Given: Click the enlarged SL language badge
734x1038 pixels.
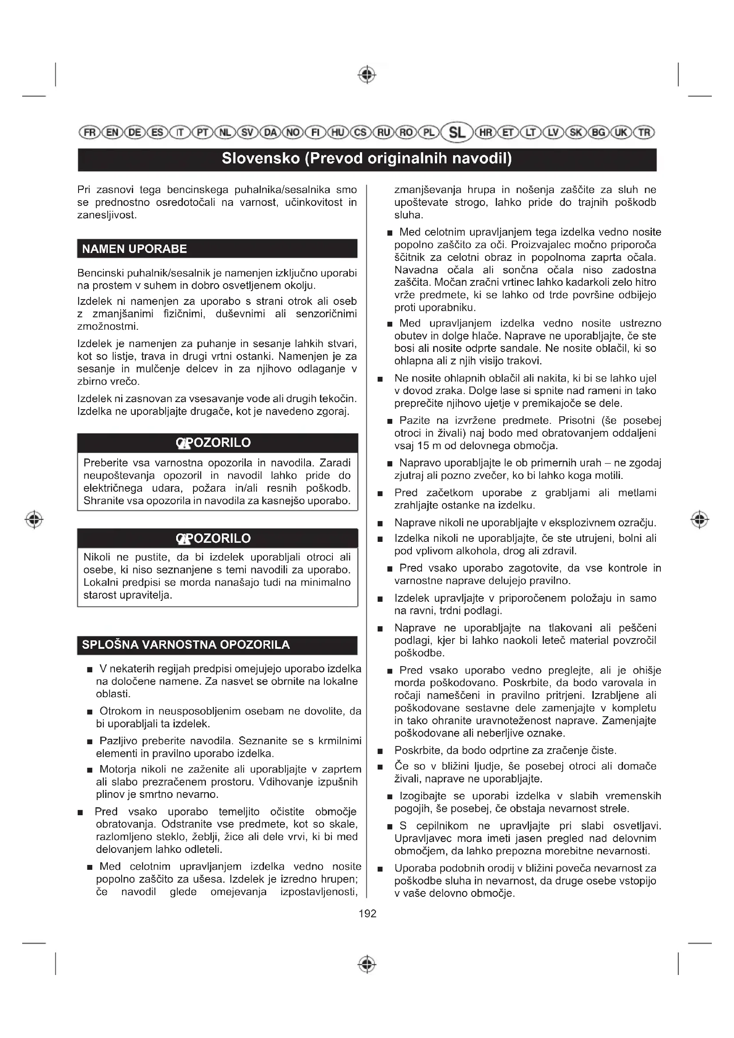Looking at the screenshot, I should click(457, 132).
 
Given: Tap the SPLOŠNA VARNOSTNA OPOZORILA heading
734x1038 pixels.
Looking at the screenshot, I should click(186, 645).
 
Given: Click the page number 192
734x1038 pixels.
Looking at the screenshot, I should click(367, 914).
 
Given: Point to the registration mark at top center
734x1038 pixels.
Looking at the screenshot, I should click(367, 75).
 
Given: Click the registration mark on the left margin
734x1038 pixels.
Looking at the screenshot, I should click(34, 520).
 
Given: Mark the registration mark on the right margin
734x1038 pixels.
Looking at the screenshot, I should click(699, 520).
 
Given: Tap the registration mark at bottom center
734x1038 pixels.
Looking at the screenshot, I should click(367, 964).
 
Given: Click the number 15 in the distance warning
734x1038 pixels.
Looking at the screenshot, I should click(423, 446).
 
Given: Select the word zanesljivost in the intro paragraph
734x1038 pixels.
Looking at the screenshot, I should click(107, 215).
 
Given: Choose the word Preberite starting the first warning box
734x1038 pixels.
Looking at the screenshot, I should click(106, 463).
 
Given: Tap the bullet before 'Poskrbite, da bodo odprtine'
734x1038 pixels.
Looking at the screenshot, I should click(380, 751).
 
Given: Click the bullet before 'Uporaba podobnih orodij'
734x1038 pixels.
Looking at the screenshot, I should click(380, 869).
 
